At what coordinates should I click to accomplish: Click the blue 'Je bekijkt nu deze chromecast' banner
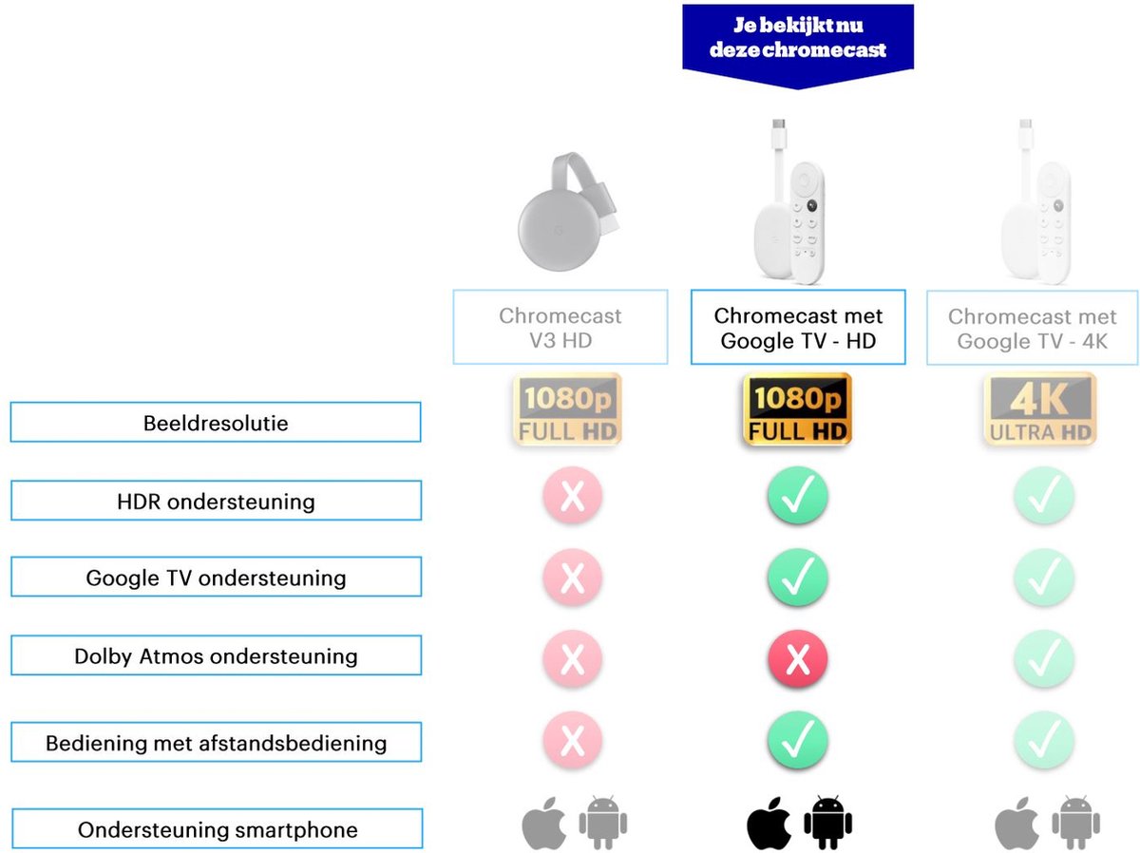coord(798,42)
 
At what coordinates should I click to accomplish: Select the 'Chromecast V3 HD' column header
coord(560,327)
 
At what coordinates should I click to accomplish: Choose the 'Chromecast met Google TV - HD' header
coord(798,327)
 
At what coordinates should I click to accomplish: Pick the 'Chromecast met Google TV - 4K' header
coord(1032,328)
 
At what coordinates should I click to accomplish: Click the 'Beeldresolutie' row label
coord(216,422)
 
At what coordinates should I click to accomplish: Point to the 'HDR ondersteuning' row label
coord(216,501)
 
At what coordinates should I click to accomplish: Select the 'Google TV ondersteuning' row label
coord(216,577)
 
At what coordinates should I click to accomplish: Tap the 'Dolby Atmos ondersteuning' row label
coord(216,655)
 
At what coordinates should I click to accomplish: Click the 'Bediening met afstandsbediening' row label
coord(216,742)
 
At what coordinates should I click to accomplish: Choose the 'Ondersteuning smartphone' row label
coord(218,828)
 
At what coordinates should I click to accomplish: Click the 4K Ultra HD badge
coord(1039,409)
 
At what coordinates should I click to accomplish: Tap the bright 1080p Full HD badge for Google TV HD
coord(797,409)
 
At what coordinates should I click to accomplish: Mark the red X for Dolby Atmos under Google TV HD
coord(798,658)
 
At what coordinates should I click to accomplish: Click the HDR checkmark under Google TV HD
coord(798,495)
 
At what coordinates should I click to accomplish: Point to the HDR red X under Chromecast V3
coord(573,495)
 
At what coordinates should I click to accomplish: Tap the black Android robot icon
coord(827,823)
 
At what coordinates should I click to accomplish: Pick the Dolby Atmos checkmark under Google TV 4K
coord(1044,658)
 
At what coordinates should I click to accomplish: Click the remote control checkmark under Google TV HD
coord(798,739)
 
